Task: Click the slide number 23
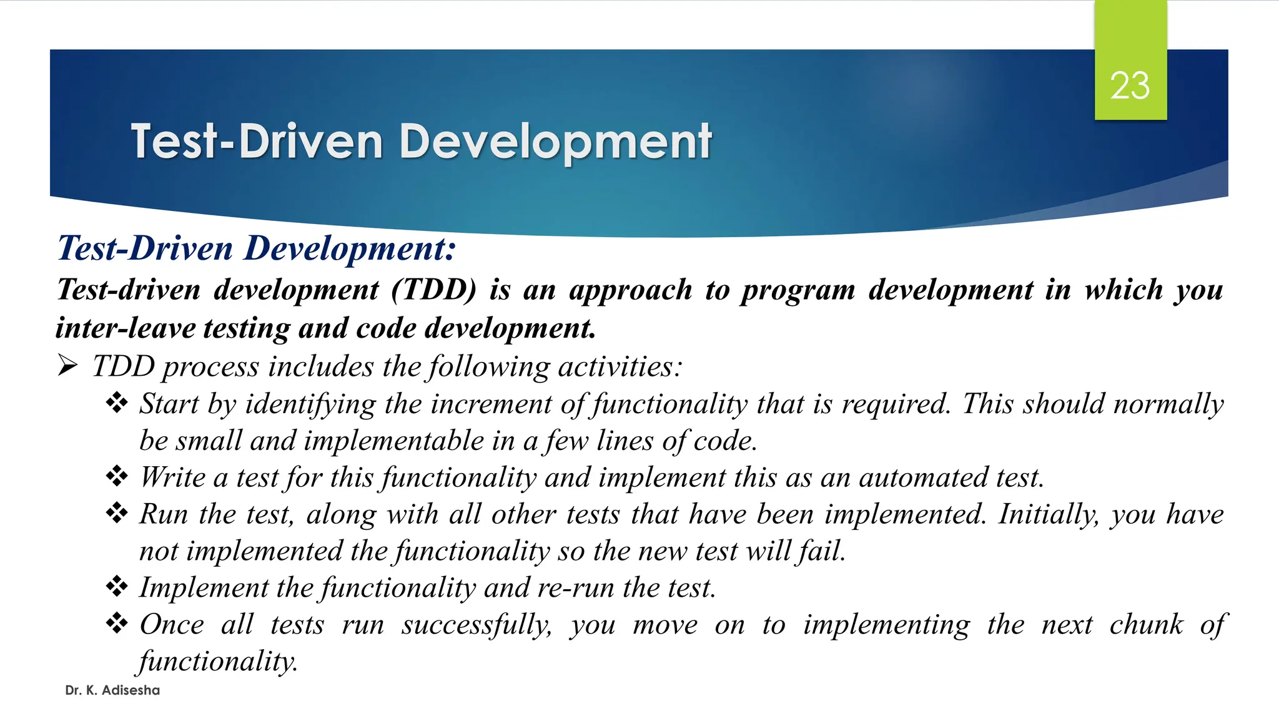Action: pos(1130,86)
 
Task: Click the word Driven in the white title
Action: pos(310,142)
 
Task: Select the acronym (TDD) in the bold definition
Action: pos(433,290)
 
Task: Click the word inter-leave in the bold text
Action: pos(126,328)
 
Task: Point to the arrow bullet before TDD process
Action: pos(67,366)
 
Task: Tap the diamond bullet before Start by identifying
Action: pos(117,403)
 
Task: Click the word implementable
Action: pos(393,441)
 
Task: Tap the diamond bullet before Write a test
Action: pos(117,477)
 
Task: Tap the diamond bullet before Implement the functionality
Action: pos(117,587)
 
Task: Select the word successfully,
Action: pos(477,625)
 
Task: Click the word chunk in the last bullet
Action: pos(1146,624)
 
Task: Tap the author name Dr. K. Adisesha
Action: pos(112,690)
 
